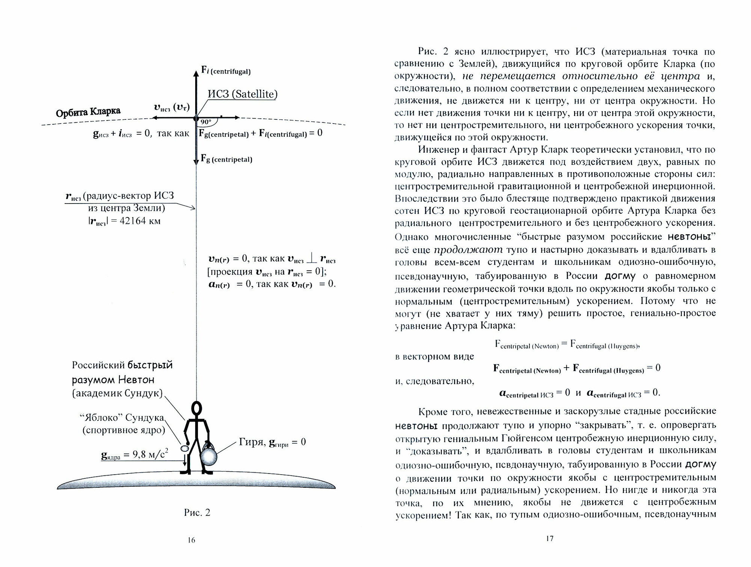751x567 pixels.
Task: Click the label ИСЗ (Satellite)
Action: [243, 94]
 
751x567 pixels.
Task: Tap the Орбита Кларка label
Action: [88, 112]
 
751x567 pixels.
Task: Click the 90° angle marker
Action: [206, 122]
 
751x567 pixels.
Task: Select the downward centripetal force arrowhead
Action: [196, 161]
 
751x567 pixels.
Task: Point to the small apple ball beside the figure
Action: [185, 448]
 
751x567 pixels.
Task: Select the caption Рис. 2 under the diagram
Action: [197, 513]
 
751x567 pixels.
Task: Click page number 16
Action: [191, 540]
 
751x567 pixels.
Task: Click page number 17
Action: [549, 538]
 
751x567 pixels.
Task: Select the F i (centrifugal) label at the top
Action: [226, 70]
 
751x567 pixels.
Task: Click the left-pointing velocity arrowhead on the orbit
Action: [154, 118]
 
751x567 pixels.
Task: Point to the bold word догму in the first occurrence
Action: [620, 276]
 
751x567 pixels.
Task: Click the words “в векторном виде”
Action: [434, 356]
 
